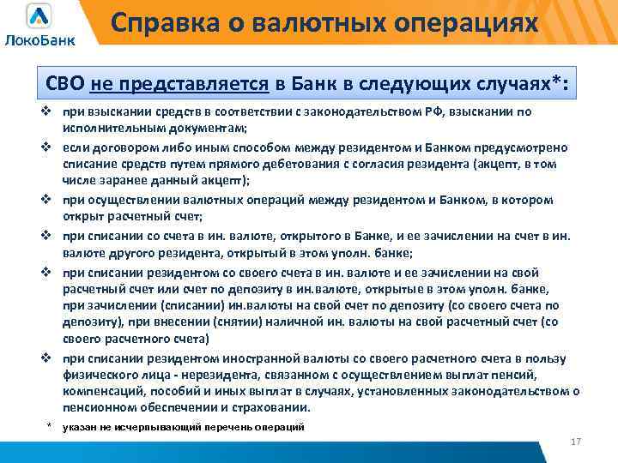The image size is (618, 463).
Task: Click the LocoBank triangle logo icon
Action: tap(39, 15)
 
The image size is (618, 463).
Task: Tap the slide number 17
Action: tap(576, 441)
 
